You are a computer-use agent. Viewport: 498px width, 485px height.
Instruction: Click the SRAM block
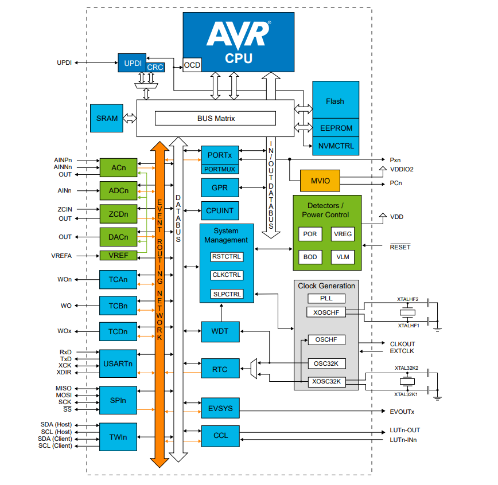[107, 119]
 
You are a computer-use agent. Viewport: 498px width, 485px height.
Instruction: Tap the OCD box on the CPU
[192, 65]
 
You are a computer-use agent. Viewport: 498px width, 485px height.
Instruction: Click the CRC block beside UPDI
[155, 68]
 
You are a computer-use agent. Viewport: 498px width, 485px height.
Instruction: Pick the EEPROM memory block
[335, 128]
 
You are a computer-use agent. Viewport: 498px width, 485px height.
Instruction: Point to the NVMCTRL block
[335, 146]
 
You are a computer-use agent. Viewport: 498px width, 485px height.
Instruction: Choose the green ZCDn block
[119, 213]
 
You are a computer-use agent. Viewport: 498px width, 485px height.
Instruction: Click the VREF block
[119, 256]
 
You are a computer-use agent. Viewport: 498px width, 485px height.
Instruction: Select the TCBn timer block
[118, 306]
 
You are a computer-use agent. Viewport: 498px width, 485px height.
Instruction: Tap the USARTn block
[118, 363]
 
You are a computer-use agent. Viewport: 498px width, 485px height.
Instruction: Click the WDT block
[220, 331]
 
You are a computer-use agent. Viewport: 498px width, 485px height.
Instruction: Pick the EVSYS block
[220, 408]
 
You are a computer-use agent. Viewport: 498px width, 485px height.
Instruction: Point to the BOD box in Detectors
[310, 257]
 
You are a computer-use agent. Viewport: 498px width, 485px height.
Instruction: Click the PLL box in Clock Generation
[326, 299]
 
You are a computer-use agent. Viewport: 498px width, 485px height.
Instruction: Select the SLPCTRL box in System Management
[227, 294]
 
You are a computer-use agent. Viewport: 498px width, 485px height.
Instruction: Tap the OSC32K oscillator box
[326, 363]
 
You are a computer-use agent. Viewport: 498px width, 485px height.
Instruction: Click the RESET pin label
[400, 247]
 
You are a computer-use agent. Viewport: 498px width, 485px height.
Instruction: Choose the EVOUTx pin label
[402, 412]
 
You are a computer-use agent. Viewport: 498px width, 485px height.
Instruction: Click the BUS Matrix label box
[216, 119]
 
